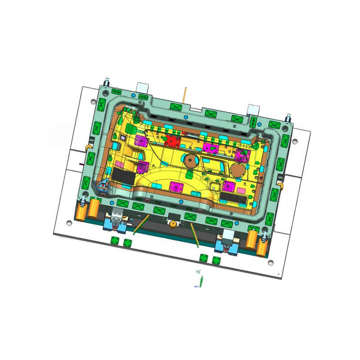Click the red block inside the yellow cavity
[x=171, y=141]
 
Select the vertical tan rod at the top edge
[x=184, y=95]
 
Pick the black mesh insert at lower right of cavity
[x=235, y=197]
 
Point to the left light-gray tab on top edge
[x=143, y=86]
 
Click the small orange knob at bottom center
[x=172, y=223]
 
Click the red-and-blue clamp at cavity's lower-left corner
[x=104, y=184]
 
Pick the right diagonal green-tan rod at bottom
[x=194, y=235]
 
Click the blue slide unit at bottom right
[x=226, y=243]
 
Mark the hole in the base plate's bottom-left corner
[x=68, y=222]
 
